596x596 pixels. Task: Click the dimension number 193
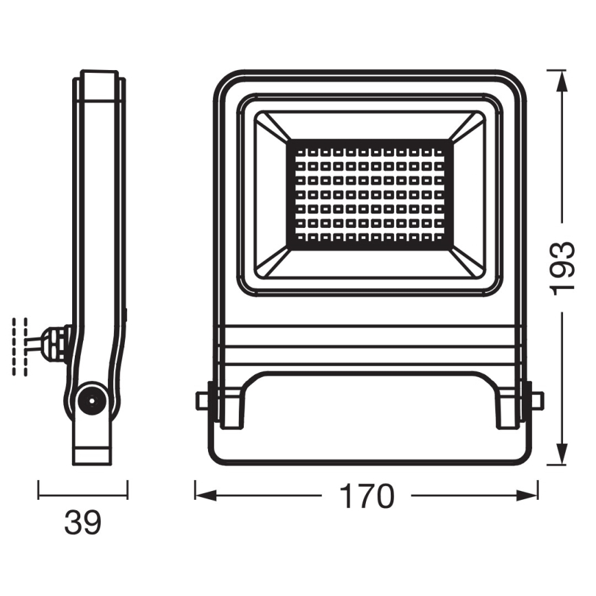pos(563,267)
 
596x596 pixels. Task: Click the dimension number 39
pos(82,523)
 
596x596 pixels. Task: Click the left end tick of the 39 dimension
pos(38,489)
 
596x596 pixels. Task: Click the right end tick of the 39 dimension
pos(128,489)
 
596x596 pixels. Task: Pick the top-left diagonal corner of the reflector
pos(272,128)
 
